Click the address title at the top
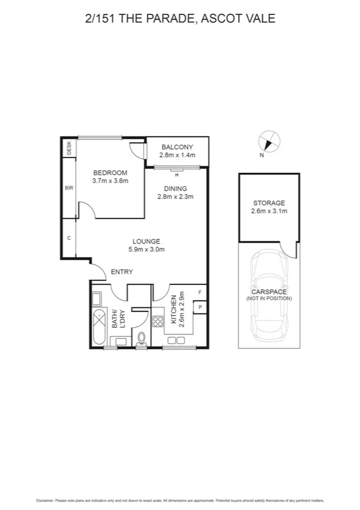pos(180,19)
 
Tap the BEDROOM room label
pos(110,173)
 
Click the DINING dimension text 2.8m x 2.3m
pos(175,196)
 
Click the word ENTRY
pos(121,272)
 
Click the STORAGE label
pos(269,203)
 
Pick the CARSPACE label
pos(269,292)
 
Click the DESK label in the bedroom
pos(69,148)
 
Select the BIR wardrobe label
pos(69,188)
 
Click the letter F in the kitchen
pos(200,292)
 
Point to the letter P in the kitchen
pos(200,307)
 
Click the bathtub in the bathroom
pos(98,325)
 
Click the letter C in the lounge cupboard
pos(69,238)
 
